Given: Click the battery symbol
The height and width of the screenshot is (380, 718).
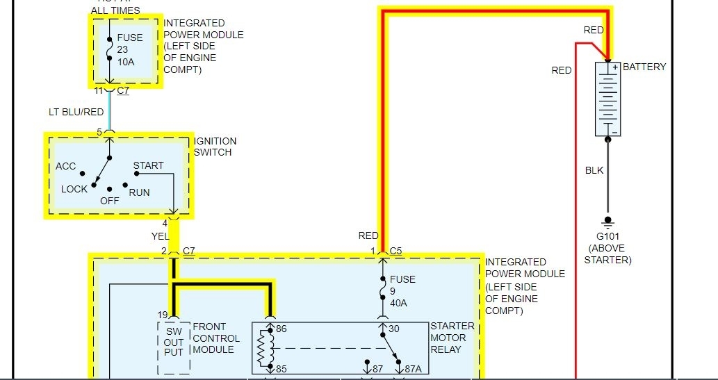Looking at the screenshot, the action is [607, 99].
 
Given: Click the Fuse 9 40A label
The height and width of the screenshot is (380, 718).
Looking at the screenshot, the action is [402, 291].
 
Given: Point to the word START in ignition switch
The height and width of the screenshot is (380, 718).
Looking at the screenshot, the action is [148, 165].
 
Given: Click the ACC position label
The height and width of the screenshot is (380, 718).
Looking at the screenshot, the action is [65, 166].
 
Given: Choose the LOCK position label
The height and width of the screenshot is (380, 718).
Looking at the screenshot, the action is [74, 189].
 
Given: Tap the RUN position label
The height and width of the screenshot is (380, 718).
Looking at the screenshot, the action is [139, 192].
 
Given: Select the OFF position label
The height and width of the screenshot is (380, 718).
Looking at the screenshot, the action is [109, 200].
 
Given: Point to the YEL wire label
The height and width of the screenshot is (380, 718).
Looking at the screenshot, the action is [160, 236].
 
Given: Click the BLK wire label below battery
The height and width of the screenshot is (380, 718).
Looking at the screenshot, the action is [594, 170].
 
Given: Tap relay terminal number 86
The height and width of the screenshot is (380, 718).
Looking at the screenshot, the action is [281, 329].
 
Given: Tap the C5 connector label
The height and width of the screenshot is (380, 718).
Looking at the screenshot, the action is [396, 250].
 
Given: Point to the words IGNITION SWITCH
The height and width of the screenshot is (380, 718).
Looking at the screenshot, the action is [215, 147].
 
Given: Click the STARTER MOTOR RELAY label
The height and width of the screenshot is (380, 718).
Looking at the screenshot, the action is [452, 337].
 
